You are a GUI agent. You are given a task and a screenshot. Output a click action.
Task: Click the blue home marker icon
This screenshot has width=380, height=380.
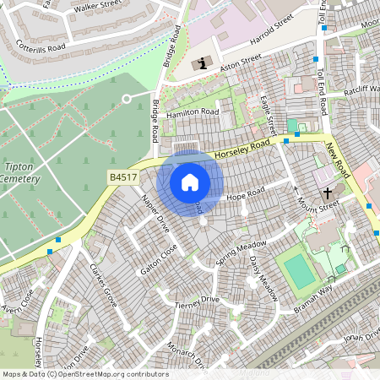(x=190, y=182)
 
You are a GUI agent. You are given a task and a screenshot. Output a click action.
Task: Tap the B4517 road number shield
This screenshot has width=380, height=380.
(x=122, y=177)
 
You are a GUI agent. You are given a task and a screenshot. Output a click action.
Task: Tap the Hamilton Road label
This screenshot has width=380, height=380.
(x=193, y=112)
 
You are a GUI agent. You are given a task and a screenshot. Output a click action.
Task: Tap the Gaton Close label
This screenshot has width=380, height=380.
(x=160, y=260)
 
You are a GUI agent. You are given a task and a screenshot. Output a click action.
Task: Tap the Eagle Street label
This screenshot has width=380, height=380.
(x=270, y=115)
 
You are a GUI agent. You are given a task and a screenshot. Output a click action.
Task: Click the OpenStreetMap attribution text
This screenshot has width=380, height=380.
(x=84, y=374)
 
